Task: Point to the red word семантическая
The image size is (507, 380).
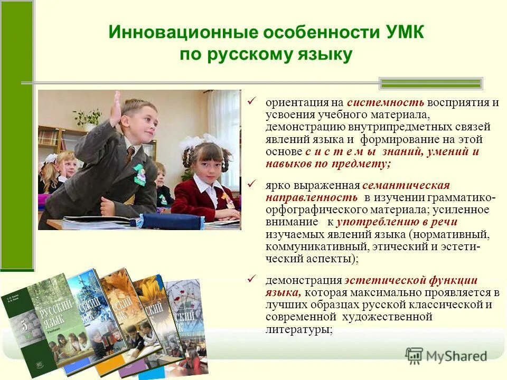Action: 406,186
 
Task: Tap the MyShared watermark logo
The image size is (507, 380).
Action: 446,356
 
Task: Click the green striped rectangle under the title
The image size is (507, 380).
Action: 431,83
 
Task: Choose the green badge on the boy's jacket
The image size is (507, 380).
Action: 139,174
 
